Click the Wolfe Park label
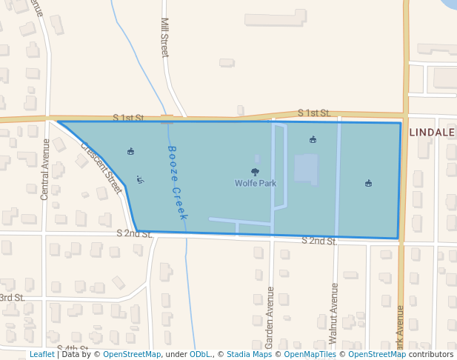pos(255,183)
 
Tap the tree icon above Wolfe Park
pos(255,172)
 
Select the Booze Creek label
pos(176,182)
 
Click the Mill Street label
pos(164,37)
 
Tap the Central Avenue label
pos(45,169)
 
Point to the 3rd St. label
pos(12,298)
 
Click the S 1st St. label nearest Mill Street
pos(128,118)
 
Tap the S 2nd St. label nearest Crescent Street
pos(134,233)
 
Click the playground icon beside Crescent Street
pos(140,179)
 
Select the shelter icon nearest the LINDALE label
pos(368,183)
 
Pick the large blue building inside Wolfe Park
pos(306,168)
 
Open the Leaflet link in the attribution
pos(41,355)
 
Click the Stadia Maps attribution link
pos(249,355)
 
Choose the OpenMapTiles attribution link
pos(310,355)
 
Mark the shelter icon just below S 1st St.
pos(313,139)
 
